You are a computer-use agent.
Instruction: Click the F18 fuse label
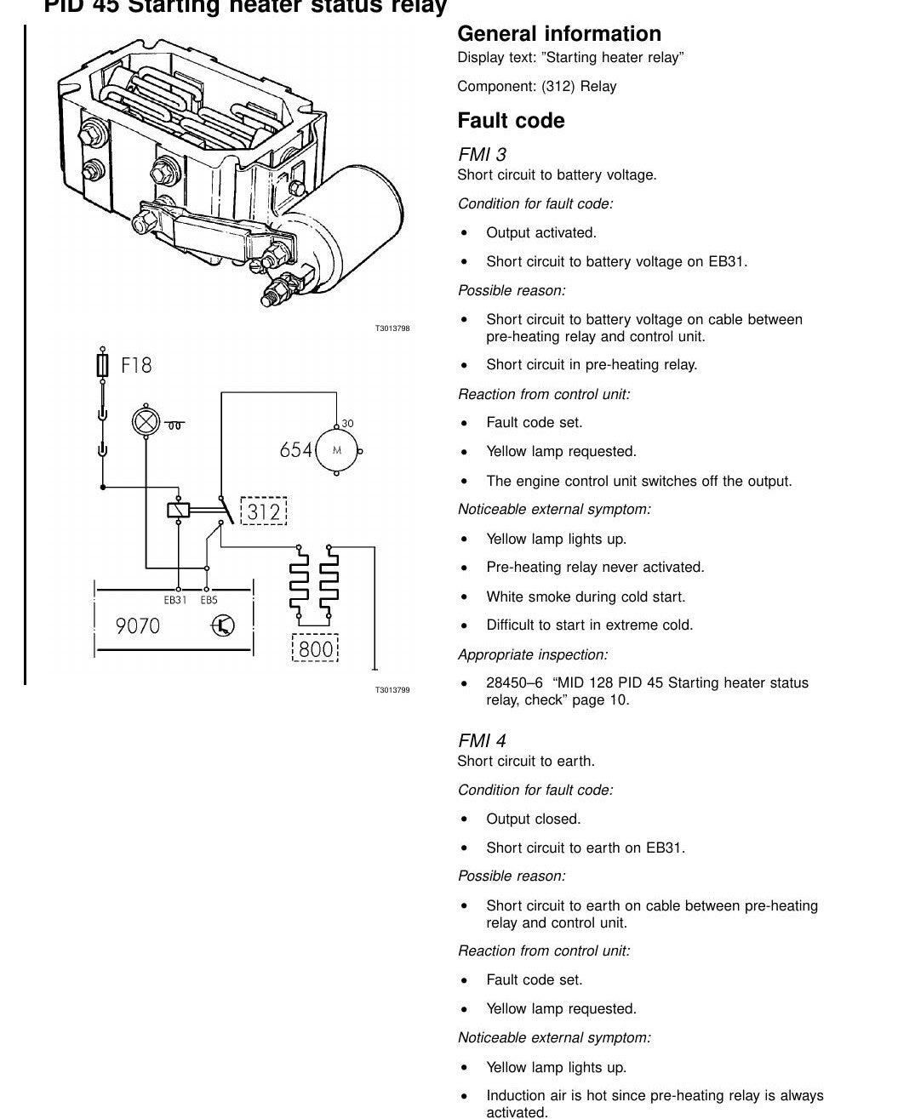click(136, 365)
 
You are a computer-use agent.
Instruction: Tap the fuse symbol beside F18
click(103, 365)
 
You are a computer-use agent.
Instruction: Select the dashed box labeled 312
click(264, 511)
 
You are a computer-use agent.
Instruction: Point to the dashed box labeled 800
click(315, 648)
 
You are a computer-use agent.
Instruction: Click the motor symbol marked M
click(337, 450)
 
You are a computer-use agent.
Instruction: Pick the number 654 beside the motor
click(295, 450)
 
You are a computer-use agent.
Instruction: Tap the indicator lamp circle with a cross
click(146, 422)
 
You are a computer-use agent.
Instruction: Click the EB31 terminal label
click(175, 600)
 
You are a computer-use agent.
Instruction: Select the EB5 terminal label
click(209, 600)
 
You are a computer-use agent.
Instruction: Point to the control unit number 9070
click(137, 626)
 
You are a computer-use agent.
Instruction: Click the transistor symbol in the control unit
click(223, 625)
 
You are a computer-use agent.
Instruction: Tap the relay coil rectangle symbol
click(179, 510)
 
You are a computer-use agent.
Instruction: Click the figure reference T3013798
click(392, 328)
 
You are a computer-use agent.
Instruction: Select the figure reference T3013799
click(392, 690)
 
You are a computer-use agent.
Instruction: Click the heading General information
click(559, 34)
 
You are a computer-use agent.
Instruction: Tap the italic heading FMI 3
click(482, 154)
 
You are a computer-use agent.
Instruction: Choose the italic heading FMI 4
click(482, 740)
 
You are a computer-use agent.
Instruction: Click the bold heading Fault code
click(511, 121)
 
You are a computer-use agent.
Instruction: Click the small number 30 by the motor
click(347, 424)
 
